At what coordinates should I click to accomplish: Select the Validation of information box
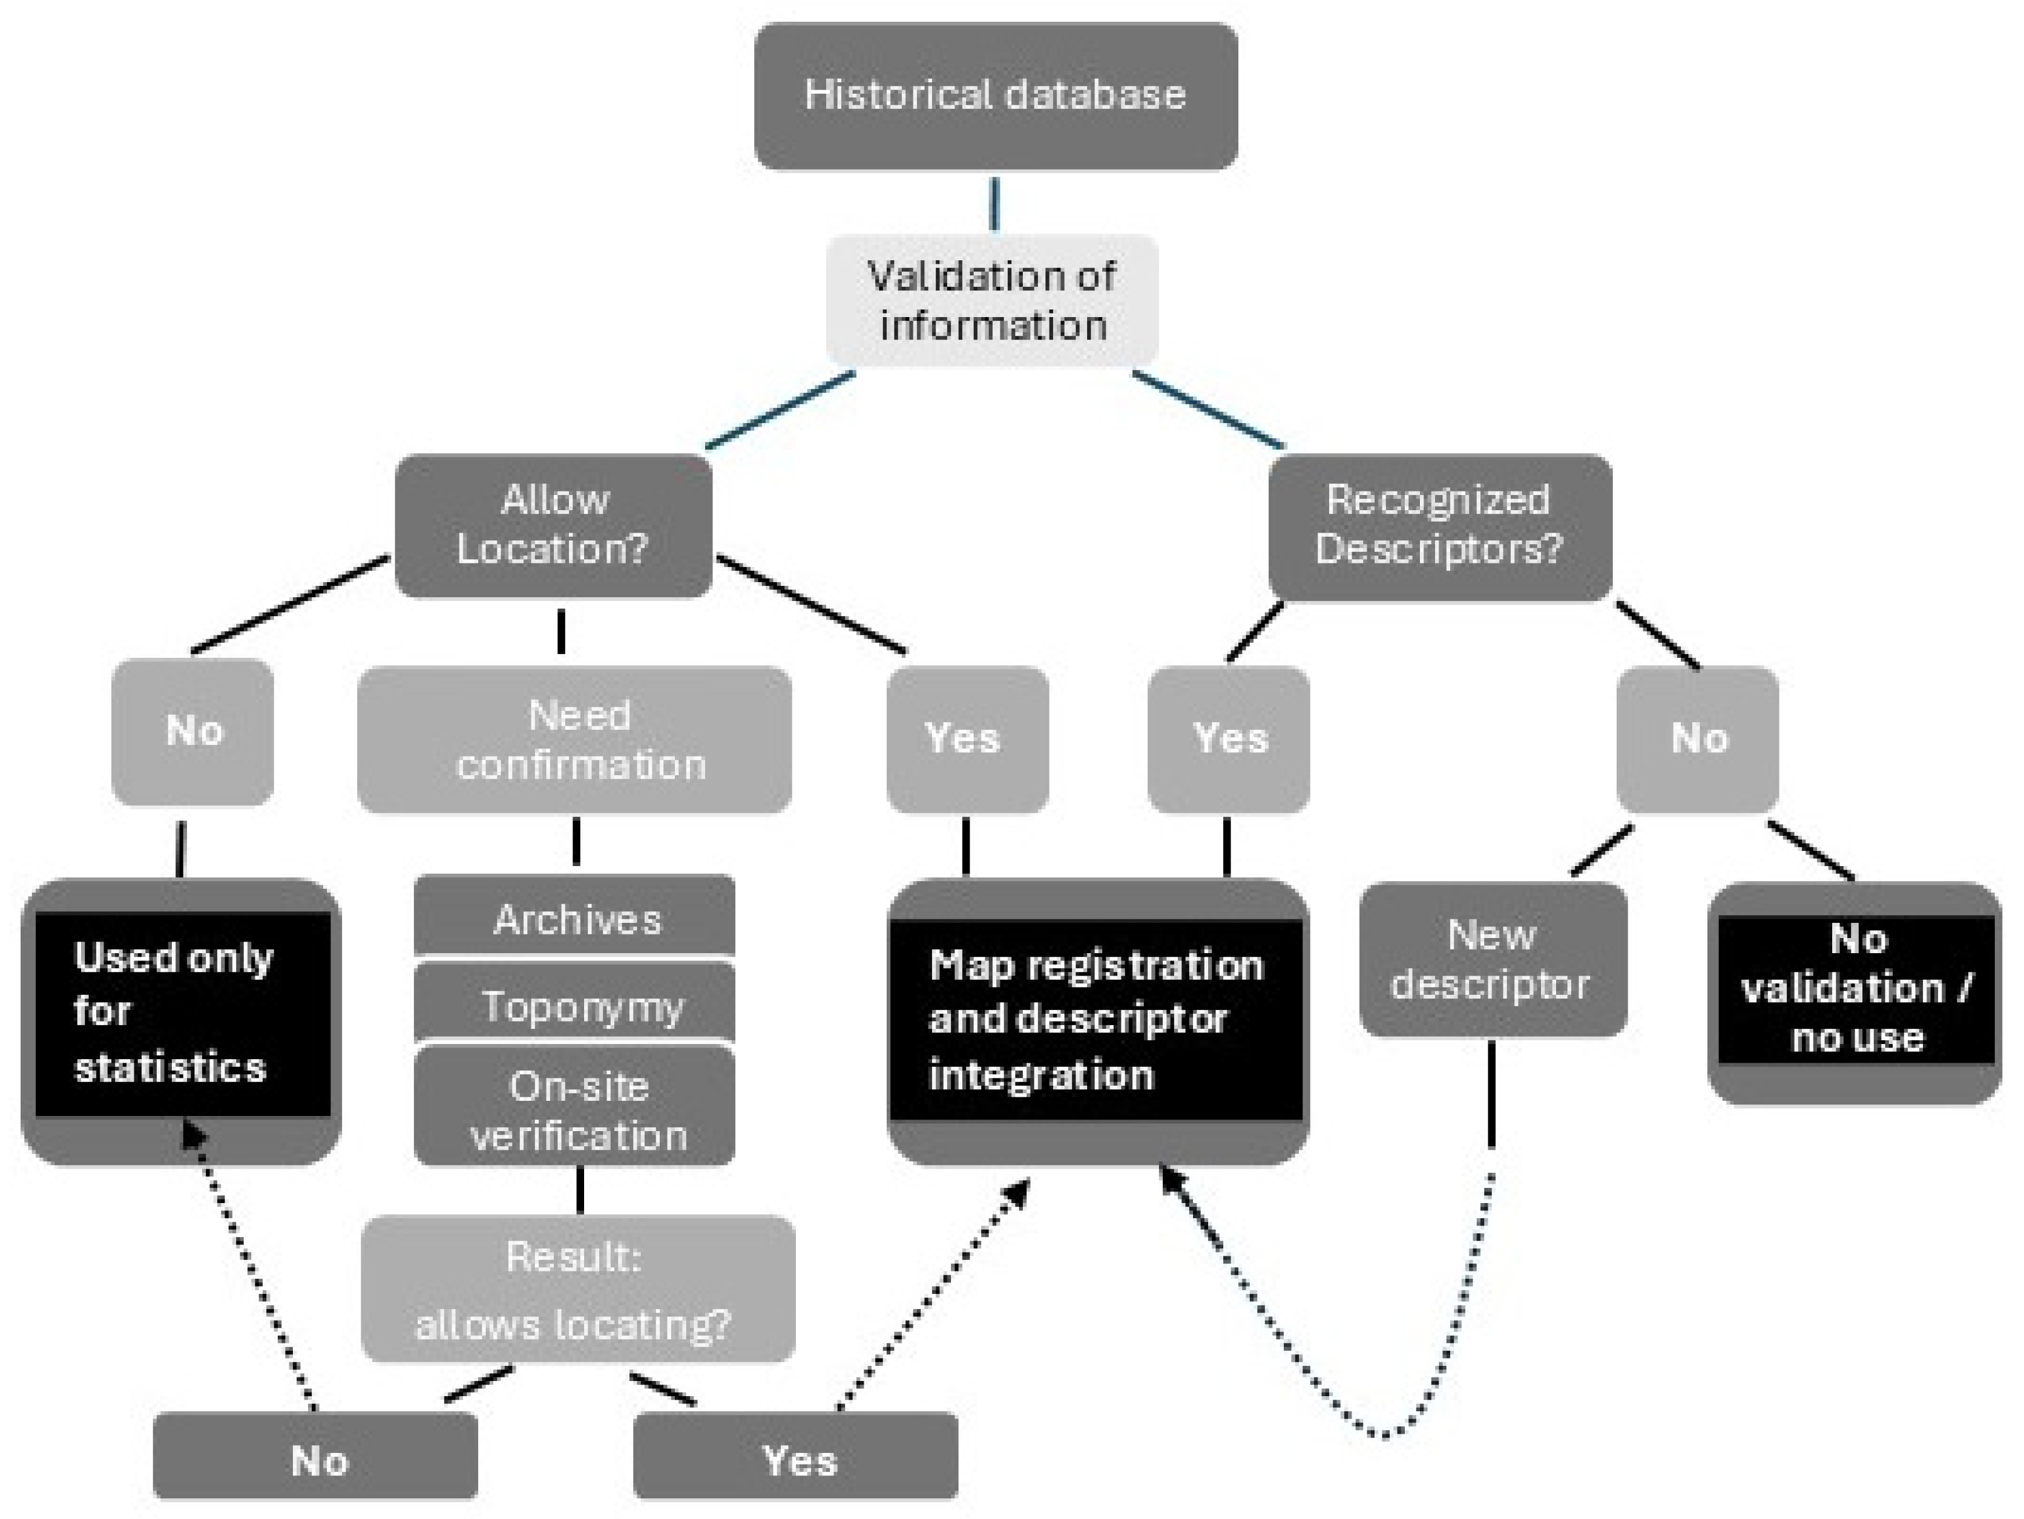point(992,300)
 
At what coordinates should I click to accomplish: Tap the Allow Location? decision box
point(554,525)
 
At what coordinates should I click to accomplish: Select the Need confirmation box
point(574,740)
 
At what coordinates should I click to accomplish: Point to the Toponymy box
point(574,1004)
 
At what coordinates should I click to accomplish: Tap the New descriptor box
point(1493,959)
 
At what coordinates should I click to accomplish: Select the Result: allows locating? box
point(577,1288)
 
